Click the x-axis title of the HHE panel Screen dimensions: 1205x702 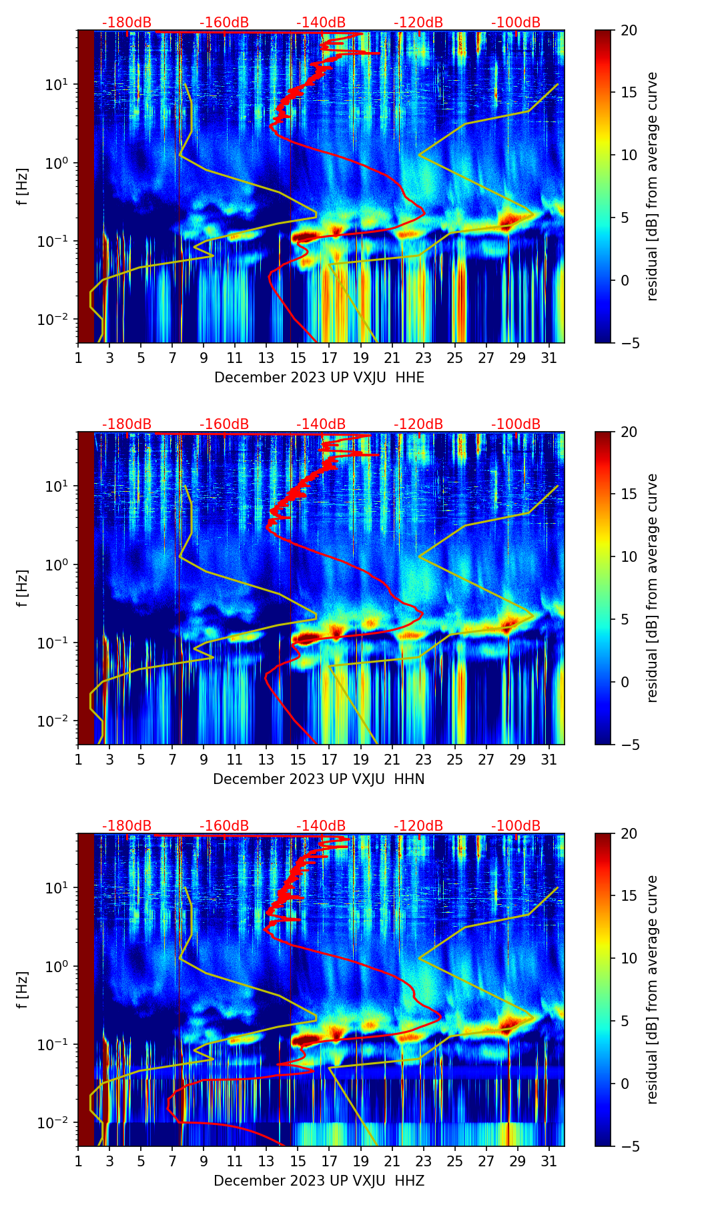pyautogui.click(x=319, y=378)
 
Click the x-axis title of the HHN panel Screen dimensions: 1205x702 pyautogui.click(x=319, y=779)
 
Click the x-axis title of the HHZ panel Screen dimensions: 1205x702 pyautogui.click(x=319, y=1181)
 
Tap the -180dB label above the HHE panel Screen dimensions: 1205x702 pyautogui.click(x=127, y=23)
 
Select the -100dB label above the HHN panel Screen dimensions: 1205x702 pyautogui.click(x=516, y=424)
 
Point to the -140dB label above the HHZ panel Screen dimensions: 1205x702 pyautogui.click(x=321, y=826)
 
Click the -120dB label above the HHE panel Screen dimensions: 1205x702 pyautogui.click(x=418, y=23)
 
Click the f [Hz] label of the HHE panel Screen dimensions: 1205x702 pyautogui.click(x=23, y=187)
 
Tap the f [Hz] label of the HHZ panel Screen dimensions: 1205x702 pyautogui.click(x=23, y=990)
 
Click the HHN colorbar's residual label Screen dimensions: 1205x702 pyautogui.click(x=652, y=588)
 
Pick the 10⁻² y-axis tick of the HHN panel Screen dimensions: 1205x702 pyautogui.click(x=52, y=721)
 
